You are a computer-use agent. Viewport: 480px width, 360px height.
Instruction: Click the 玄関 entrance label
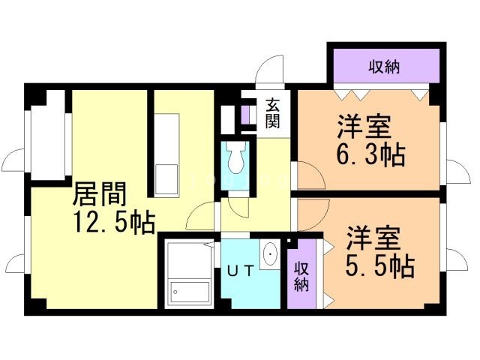point(272,113)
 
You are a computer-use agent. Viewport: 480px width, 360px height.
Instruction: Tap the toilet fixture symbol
point(235,159)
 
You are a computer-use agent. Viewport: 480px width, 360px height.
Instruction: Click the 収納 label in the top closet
point(383,66)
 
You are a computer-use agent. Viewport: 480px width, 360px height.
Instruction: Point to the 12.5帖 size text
point(113,221)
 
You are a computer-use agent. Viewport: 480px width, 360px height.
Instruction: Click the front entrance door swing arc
point(268,73)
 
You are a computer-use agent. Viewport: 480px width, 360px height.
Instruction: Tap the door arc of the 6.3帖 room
point(310,176)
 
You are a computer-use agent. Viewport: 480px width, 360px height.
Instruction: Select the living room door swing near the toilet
point(202,215)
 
